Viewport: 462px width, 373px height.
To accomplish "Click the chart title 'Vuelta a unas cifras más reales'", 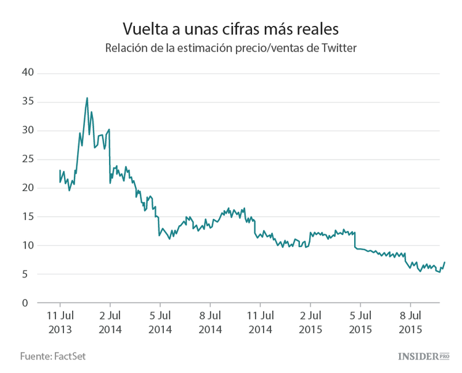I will (x=230, y=29).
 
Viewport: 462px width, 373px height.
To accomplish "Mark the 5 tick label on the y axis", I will (x=28, y=274).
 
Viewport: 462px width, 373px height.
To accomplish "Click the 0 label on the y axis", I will (x=28, y=303).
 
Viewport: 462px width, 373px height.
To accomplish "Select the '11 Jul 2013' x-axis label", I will (x=60, y=322).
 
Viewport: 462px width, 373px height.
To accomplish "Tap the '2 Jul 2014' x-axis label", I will (x=110, y=322).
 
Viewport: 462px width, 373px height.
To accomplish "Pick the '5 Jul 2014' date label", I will (x=160, y=322).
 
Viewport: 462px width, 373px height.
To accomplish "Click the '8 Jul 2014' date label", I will (x=210, y=322).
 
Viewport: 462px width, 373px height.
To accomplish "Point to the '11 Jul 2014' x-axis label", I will (x=260, y=322).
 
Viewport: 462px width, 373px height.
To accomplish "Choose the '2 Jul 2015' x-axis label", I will (x=310, y=322).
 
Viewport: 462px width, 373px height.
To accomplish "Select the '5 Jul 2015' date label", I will (x=360, y=322).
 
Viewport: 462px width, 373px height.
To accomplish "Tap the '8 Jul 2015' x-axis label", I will (x=410, y=322).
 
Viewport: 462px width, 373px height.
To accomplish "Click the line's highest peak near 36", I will (x=87, y=97).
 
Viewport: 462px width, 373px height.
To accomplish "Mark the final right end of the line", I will (x=444, y=263).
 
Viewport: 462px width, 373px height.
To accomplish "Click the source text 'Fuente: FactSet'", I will (x=52, y=356).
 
